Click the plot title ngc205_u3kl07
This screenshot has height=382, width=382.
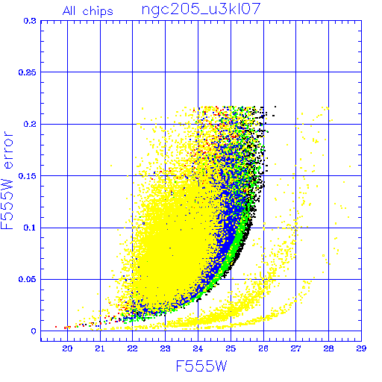click(201, 10)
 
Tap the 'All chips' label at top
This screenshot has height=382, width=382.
click(88, 11)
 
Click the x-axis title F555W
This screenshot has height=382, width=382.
click(201, 366)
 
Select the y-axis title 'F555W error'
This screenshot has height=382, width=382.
click(7, 180)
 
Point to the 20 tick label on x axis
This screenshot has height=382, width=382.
click(67, 348)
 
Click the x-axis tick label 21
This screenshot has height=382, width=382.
click(100, 348)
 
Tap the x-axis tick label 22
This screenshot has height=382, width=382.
click(132, 348)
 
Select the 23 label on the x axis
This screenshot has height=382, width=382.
click(165, 348)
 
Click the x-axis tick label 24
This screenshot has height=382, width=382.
click(198, 348)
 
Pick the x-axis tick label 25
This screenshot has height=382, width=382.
click(231, 348)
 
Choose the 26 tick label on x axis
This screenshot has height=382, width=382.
click(263, 348)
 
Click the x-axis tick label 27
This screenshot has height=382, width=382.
click(296, 348)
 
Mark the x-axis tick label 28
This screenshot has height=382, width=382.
click(328, 348)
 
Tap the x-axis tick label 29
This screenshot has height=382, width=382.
click(361, 348)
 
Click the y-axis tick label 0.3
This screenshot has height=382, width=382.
click(30, 21)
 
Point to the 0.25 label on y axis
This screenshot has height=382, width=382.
click(28, 72)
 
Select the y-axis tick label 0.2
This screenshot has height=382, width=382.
click(30, 124)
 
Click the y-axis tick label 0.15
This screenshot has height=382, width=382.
click(28, 176)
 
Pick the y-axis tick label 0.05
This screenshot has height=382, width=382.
click(28, 279)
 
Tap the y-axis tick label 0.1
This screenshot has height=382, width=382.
click(30, 228)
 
